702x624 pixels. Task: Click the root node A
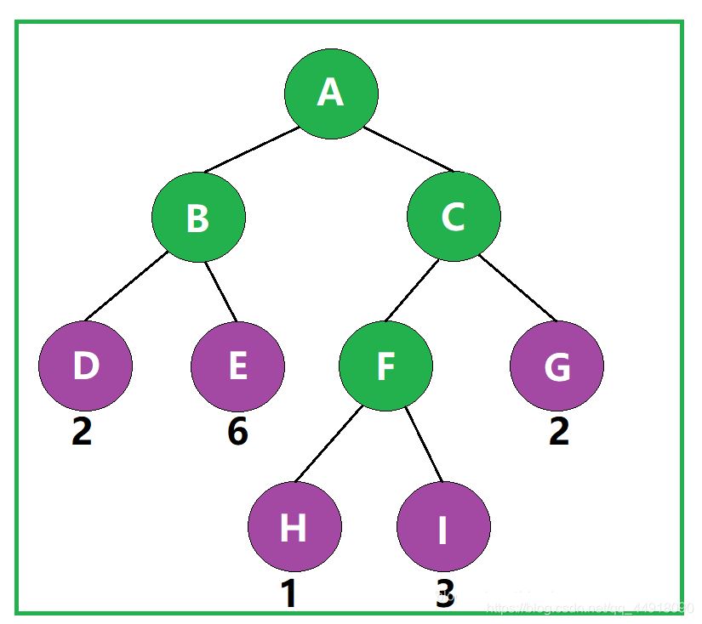331,93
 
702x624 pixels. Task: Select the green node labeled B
199,217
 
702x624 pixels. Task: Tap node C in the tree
454,217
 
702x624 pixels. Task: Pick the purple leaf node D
85,366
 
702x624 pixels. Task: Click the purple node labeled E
237,366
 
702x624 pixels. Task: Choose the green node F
385,366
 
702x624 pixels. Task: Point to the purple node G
556,366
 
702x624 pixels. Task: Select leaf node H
294,527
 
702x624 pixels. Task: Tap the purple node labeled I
442,527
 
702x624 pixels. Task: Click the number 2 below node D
82,432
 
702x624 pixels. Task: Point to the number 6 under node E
237,432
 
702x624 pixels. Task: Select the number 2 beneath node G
558,432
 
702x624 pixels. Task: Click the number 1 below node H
289,593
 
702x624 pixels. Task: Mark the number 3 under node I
445,593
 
